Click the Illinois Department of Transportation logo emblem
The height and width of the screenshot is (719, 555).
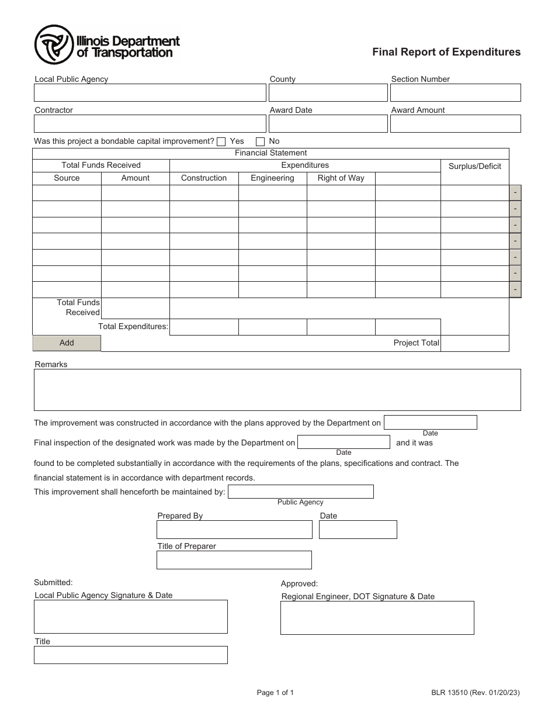click(54, 45)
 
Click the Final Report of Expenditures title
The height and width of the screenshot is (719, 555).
click(447, 52)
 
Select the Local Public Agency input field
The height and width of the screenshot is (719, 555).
click(150, 93)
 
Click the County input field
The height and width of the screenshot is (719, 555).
click(328, 93)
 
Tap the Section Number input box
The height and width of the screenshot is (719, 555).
click(455, 93)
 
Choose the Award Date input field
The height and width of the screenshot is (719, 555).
click(328, 123)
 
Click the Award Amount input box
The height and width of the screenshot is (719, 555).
click(455, 123)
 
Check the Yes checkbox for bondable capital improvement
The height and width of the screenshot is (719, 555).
click(221, 141)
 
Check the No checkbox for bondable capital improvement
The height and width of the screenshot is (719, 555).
click(261, 141)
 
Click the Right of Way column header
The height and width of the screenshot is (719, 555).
click(341, 178)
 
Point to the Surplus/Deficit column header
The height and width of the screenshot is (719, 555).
click(474, 166)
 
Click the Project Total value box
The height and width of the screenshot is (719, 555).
click(474, 343)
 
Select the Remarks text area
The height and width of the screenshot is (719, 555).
click(277, 390)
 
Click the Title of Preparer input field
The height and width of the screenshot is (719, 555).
click(234, 560)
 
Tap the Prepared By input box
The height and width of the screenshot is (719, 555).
click(234, 530)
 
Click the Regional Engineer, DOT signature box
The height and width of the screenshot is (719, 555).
click(377, 618)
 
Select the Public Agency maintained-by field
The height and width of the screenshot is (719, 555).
click(300, 492)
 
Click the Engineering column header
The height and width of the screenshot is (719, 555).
click(272, 178)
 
